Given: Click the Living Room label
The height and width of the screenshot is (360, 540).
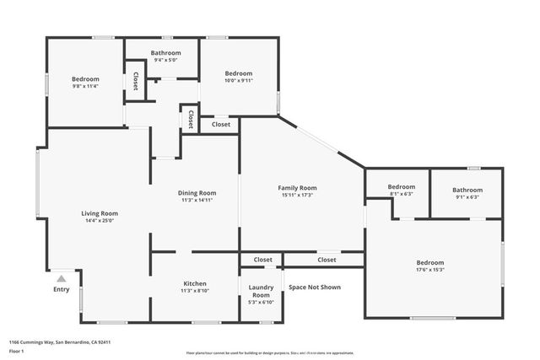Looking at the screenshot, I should (99, 213).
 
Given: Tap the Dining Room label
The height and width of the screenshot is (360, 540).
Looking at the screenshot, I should (196, 193).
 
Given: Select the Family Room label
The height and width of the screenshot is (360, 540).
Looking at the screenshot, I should (297, 187).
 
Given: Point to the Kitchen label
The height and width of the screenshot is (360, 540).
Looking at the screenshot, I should (195, 283).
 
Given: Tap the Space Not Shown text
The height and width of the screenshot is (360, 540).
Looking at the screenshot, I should (314, 287).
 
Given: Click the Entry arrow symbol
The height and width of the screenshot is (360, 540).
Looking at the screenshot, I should (61, 277).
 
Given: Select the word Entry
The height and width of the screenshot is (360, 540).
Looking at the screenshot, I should (61, 289).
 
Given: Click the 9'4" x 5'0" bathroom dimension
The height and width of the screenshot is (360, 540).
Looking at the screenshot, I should (165, 60).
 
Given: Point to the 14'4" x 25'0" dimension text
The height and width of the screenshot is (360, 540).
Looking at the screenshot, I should (99, 221).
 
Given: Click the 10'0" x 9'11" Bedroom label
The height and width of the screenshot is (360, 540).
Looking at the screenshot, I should (238, 73).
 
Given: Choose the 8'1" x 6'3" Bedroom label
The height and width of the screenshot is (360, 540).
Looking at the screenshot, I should (401, 186).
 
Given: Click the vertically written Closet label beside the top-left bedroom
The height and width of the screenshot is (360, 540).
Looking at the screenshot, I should (136, 80).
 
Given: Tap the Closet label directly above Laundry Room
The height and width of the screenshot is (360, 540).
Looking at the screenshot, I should (262, 260).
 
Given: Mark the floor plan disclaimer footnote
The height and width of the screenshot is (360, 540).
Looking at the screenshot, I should (269, 352).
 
